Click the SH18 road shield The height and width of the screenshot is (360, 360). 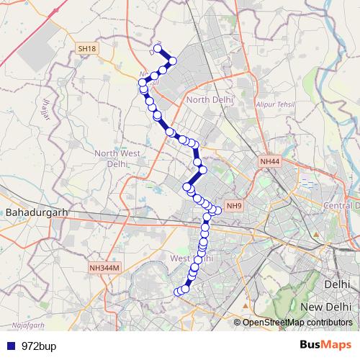point(86,48)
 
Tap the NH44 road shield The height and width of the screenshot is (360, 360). point(270,162)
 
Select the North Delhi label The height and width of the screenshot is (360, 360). point(210,99)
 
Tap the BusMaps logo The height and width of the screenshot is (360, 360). point(325,346)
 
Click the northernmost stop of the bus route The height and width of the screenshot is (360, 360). point(158,48)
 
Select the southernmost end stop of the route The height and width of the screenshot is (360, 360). point(177,292)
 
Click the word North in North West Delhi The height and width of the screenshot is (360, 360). point(106,153)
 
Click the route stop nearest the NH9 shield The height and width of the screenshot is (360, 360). point(217,210)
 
